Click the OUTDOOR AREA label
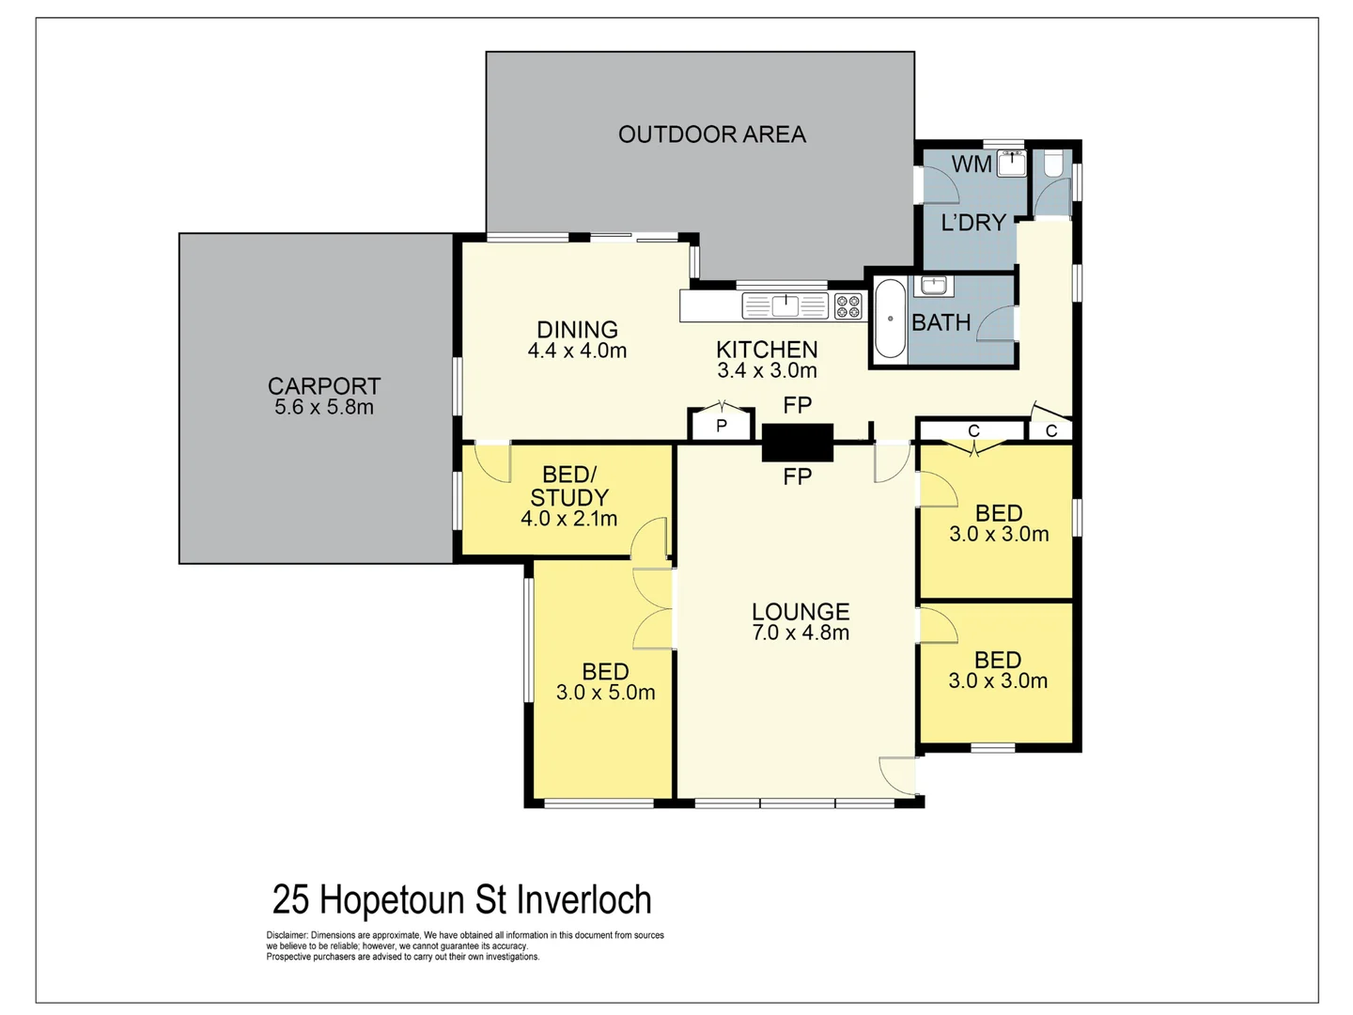711,134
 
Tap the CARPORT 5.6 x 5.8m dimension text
324,408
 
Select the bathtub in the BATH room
889,319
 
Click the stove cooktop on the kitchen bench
848,305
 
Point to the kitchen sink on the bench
785,305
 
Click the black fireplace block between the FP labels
797,442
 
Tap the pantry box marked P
722,426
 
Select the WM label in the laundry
971,164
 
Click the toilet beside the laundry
1052,165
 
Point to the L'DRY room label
973,223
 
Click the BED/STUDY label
569,486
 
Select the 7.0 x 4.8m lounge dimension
801,633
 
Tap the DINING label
577,330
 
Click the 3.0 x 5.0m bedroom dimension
605,694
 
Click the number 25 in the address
290,900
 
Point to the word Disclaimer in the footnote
288,935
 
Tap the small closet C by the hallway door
1050,430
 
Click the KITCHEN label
767,350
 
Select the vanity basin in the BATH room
932,285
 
